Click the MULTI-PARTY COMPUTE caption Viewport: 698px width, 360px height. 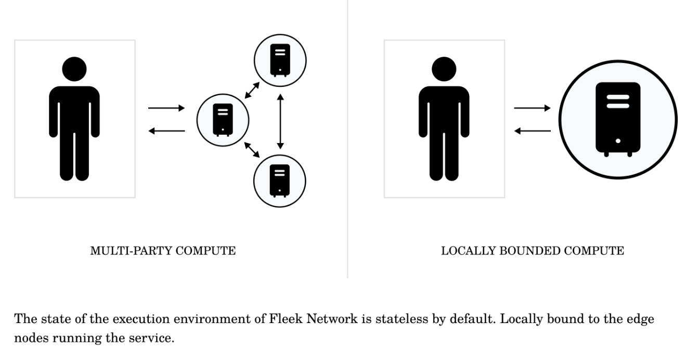click(163, 251)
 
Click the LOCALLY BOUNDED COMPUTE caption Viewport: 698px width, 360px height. click(533, 251)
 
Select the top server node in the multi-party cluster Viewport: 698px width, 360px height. click(280, 61)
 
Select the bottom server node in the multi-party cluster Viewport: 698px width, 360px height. click(280, 180)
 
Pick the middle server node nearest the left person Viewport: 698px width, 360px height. click(223, 120)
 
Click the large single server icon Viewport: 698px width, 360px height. click(618, 120)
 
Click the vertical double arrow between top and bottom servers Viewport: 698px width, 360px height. click(281, 120)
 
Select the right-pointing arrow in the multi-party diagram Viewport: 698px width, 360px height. click(166, 108)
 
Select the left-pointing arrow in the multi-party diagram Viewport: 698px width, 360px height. click(166, 131)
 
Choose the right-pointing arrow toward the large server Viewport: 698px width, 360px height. click(532, 108)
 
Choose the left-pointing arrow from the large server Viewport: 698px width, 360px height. click(532, 131)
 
